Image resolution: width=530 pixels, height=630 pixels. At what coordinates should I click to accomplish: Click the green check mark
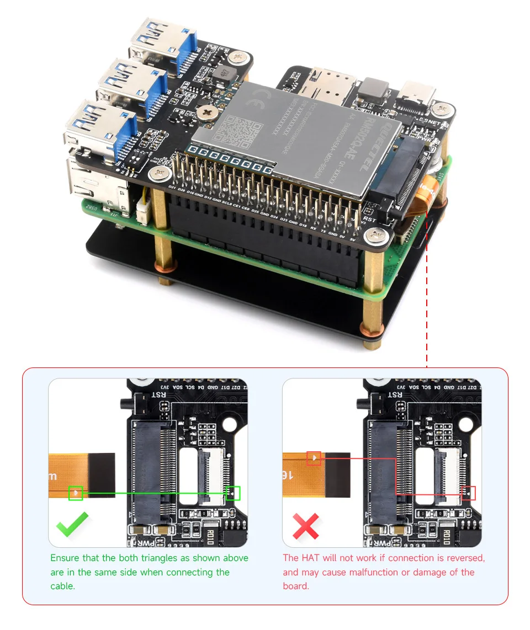pos(72,525)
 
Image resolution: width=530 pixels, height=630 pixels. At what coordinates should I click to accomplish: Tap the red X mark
pos(306,526)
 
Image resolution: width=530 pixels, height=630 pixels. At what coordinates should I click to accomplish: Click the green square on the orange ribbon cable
pos(75,493)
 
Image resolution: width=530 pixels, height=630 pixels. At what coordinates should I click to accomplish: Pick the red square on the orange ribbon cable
pos(314,458)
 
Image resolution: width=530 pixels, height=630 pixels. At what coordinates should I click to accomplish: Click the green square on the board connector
pos(233,493)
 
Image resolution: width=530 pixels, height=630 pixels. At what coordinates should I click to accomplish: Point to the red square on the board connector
pos(468,493)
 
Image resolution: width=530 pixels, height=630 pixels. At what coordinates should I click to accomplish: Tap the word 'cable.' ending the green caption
pos(62,586)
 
